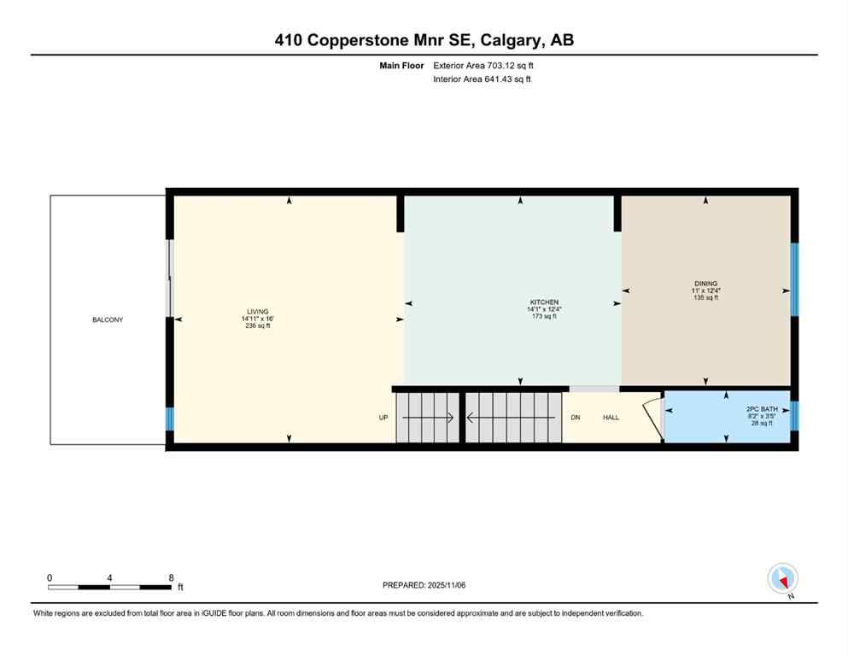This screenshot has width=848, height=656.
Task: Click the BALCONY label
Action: (108, 319)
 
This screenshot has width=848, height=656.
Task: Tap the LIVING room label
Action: (257, 312)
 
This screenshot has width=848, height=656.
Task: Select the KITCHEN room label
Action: (544, 302)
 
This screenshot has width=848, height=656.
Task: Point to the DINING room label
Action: (705, 284)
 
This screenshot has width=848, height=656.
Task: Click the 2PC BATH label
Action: (758, 409)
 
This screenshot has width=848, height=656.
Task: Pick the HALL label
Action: (611, 418)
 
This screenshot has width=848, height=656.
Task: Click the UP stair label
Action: (383, 418)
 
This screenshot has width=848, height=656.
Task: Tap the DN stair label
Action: (576, 418)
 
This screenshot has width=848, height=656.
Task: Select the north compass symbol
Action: (783, 579)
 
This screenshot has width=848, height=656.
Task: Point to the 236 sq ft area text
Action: (257, 326)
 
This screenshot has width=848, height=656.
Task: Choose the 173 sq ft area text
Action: (544, 316)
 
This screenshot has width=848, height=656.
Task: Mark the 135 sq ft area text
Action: (705, 297)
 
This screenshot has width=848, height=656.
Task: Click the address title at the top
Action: (424, 39)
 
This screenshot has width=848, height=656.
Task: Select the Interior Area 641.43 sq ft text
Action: (482, 79)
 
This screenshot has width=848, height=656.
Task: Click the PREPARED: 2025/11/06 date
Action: (424, 585)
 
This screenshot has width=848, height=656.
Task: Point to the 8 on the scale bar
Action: (171, 577)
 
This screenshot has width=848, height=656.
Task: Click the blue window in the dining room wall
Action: (794, 279)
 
